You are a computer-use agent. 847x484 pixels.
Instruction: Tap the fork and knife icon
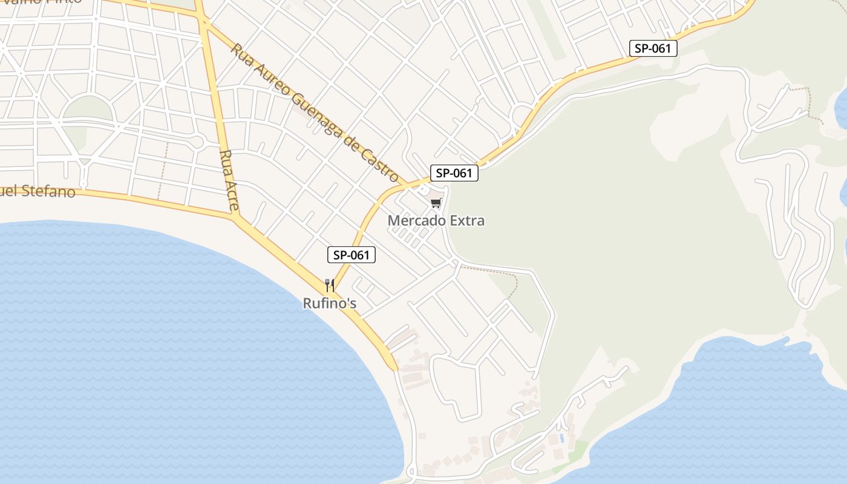tap(330, 285)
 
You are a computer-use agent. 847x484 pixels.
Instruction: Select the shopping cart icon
tap(436, 203)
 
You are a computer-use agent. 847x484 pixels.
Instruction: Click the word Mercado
tap(415, 221)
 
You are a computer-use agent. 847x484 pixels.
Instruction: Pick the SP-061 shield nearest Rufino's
tap(352, 255)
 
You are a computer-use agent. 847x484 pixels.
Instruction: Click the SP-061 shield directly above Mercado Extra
tap(454, 173)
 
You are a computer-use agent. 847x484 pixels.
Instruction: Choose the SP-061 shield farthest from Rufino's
tap(653, 48)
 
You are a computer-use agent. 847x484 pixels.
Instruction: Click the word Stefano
tap(48, 192)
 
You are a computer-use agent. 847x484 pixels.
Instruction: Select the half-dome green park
tap(88, 110)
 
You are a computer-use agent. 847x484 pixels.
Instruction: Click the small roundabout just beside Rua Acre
tap(197, 142)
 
